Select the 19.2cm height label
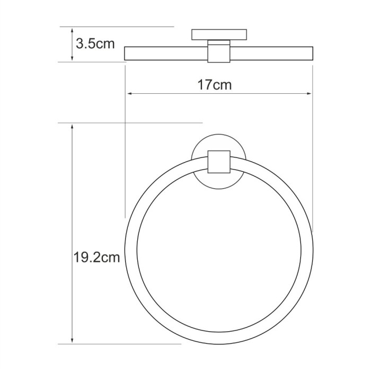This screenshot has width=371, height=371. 96,258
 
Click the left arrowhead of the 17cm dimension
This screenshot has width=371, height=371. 128,95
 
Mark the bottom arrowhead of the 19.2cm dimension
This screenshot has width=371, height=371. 72,341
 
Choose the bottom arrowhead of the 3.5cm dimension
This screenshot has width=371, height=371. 72,58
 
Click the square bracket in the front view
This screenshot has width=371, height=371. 219,162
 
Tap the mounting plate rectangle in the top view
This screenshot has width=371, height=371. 219,34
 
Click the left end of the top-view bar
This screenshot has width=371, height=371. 126,54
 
